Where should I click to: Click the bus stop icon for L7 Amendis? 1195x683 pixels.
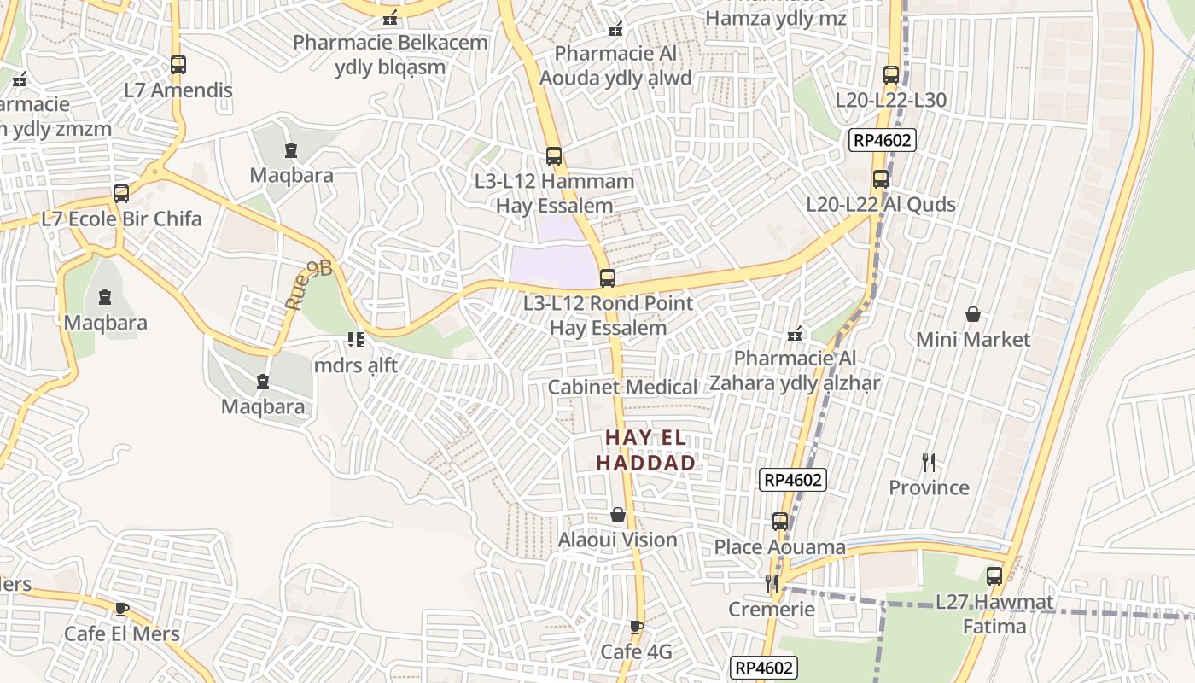coord(178,64)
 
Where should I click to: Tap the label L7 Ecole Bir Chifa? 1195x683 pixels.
coord(121,219)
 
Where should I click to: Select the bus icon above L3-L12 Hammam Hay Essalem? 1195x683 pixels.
coord(554,155)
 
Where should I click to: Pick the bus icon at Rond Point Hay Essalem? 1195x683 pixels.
coord(607,277)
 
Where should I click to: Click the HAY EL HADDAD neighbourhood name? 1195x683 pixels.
coord(645,450)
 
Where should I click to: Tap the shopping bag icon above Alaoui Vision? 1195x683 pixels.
coord(618,515)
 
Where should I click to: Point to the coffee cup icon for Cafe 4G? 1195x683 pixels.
coord(636,628)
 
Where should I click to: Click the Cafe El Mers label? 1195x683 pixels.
coord(122,633)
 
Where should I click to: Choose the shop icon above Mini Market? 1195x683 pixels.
coord(972,314)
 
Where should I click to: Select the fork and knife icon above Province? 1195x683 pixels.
coord(929,463)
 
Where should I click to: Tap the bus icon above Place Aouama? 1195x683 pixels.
coord(779,521)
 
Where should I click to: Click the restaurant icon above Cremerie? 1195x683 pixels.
coord(772,584)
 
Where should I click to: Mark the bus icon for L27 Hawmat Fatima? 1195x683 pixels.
coord(994,576)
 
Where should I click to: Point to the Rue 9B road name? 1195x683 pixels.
coord(308,286)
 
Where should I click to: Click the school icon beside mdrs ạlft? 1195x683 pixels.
coord(356,340)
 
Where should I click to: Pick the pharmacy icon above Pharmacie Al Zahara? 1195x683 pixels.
coord(795,334)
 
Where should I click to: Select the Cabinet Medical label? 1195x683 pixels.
coord(622,387)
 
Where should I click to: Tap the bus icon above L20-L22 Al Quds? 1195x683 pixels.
coord(881,179)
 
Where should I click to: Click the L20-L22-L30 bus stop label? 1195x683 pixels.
coord(890,100)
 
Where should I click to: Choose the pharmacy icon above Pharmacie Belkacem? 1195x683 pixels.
coord(390,17)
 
